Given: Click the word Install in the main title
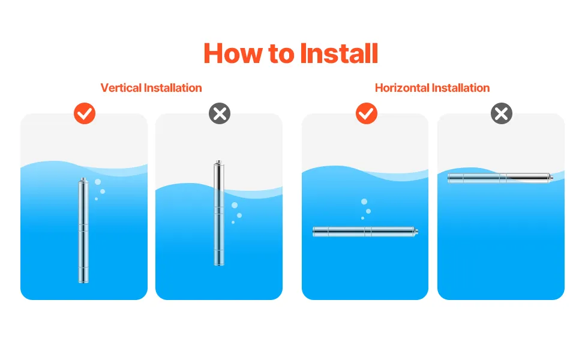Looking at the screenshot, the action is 339,53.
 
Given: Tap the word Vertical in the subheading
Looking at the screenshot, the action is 121,88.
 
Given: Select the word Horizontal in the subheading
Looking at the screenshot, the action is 402,88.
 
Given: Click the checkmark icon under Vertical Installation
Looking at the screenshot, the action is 85,113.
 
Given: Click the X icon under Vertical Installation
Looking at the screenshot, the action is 220,113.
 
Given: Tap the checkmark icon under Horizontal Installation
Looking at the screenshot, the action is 367,113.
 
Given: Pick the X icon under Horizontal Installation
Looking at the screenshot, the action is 502,113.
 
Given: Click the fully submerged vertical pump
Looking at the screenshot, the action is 83,230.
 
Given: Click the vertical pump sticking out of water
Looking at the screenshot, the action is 219,213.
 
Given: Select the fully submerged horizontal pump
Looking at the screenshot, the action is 365,232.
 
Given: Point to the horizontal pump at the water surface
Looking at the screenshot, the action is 500,178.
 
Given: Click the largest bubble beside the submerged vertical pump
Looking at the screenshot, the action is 98,182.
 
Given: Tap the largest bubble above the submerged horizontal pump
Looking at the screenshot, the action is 364,202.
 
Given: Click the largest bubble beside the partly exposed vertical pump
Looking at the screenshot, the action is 235,205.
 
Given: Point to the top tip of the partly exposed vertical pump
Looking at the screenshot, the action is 219,161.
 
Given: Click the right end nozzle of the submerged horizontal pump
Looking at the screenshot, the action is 416,232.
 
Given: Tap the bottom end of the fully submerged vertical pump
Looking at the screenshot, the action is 83,283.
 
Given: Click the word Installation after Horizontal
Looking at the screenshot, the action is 461,88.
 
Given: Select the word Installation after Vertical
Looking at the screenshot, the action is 173,88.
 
